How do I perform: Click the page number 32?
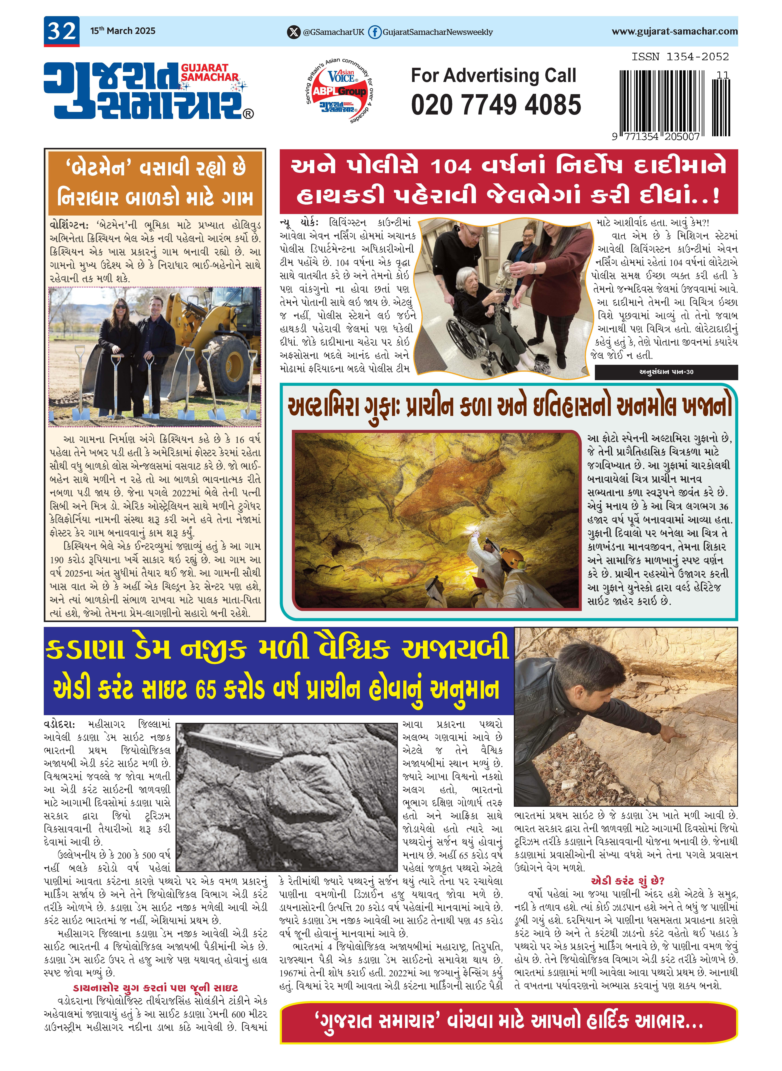pyautogui.click(x=62, y=31)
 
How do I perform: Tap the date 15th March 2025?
pyautogui.click(x=123, y=31)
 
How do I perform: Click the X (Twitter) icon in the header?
pyautogui.click(x=294, y=32)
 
